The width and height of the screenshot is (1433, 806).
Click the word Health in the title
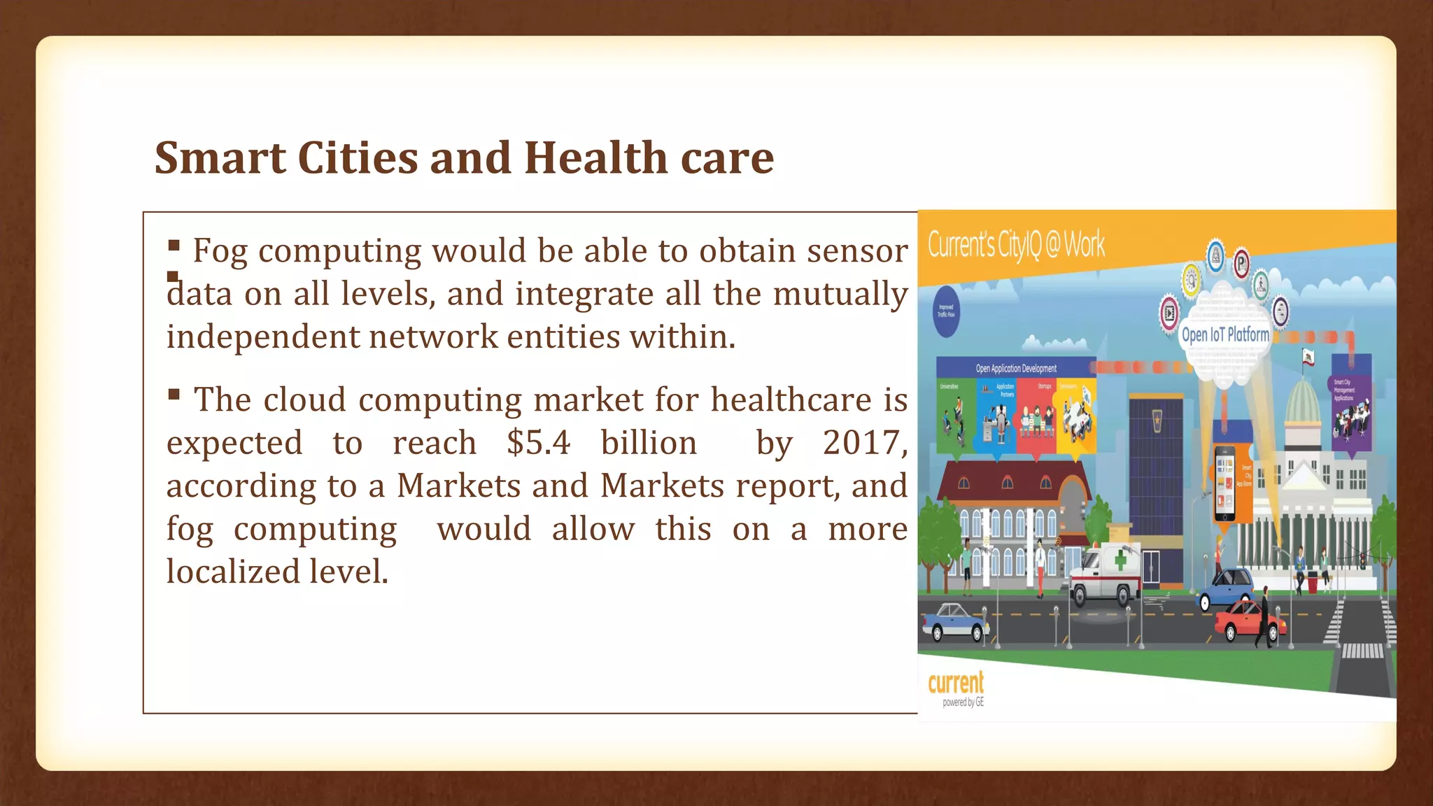pos(595,157)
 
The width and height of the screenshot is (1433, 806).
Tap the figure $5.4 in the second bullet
pos(539,443)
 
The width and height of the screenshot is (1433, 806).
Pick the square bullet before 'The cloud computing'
pos(174,395)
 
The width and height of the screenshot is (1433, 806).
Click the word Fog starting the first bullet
pos(220,250)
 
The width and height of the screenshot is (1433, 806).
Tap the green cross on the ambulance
pos(1121,560)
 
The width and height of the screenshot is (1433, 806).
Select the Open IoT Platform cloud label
pos(1225,334)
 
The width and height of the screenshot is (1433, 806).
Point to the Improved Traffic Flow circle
pos(946,311)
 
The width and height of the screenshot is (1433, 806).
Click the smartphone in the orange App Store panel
pos(1224,483)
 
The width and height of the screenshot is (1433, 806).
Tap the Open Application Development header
pos(1016,368)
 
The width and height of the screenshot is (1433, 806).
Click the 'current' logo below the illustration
pos(956,683)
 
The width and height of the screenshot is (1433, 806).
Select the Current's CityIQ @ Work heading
pos(1016,244)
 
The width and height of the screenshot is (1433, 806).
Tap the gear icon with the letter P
pos(1241,264)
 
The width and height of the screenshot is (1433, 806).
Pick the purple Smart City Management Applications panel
pos(1350,406)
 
